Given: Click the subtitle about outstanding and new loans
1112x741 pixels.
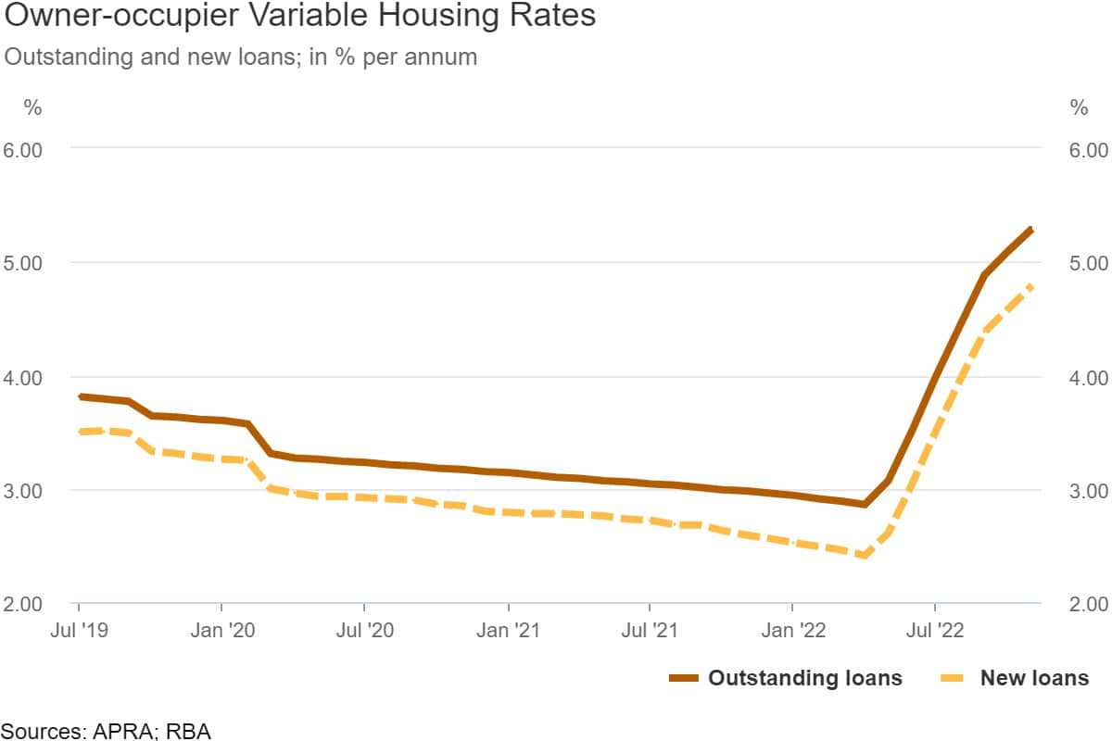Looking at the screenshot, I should click(x=241, y=57).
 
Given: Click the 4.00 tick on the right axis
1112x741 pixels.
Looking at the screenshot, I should click(x=1077, y=378).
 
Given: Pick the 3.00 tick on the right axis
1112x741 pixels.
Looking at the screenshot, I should click(x=1077, y=491).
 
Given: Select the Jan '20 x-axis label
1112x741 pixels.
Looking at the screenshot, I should click(x=222, y=632).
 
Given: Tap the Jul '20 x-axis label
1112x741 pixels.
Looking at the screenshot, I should click(x=364, y=632).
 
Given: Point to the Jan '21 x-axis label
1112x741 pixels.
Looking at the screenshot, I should click(x=509, y=632).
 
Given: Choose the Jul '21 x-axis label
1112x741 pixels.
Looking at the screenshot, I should click(x=650, y=632).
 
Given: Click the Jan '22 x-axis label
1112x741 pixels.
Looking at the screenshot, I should click(x=793, y=632).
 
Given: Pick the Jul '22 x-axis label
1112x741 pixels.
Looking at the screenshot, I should click(x=935, y=632).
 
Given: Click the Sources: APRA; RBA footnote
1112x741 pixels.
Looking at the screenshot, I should click(x=106, y=731).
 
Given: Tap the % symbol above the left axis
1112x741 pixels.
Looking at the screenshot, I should click(x=32, y=107).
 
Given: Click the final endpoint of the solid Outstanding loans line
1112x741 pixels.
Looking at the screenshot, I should click(x=1031, y=229).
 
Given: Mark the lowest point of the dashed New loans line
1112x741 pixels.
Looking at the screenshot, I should click(x=864, y=556).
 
